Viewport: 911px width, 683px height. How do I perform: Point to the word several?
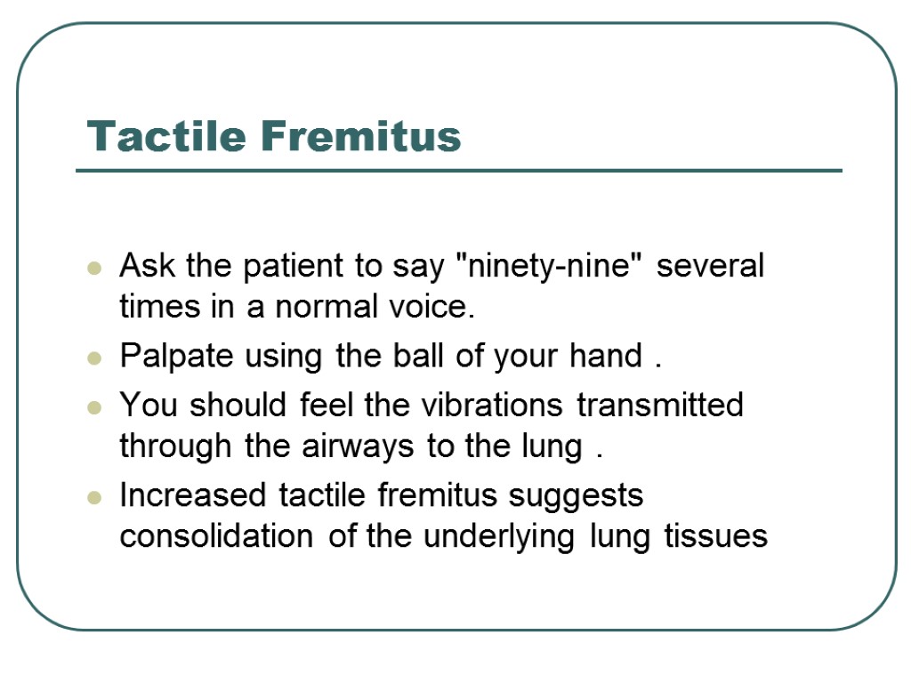tap(710, 266)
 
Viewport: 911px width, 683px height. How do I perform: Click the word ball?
tap(414, 356)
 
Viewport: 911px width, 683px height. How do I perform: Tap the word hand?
tap(605, 356)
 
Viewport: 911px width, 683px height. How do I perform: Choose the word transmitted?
tap(660, 405)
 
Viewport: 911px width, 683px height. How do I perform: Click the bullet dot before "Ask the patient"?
tap(93, 267)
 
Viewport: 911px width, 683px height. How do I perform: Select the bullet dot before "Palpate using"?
tap(93, 358)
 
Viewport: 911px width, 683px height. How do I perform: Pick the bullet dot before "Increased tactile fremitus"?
tap(93, 496)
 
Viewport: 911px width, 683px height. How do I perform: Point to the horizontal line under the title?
tap(458, 171)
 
